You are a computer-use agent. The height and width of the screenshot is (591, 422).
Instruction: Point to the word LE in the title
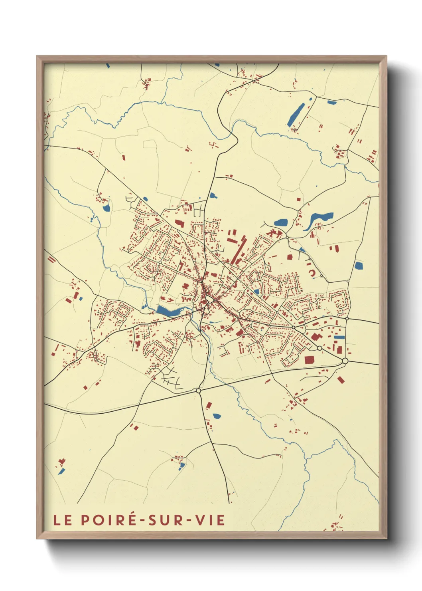point(63,520)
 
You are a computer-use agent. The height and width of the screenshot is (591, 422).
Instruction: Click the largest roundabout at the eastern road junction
point(345,361)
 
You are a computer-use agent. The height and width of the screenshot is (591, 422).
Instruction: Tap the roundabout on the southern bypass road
point(198,391)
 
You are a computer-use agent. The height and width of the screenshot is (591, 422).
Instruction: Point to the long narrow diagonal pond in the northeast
point(296,115)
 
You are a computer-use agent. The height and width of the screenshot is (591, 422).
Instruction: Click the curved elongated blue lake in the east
point(319,219)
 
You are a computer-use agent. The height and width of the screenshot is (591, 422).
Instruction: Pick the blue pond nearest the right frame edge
point(359,266)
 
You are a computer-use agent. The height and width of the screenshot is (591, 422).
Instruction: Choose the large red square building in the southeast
point(309,360)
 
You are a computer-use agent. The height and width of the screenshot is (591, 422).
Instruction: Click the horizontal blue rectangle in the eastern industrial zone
point(339,337)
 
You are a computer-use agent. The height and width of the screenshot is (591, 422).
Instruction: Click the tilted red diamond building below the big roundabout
point(340,380)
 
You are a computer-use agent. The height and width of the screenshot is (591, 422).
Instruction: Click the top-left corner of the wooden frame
point(37,56)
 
